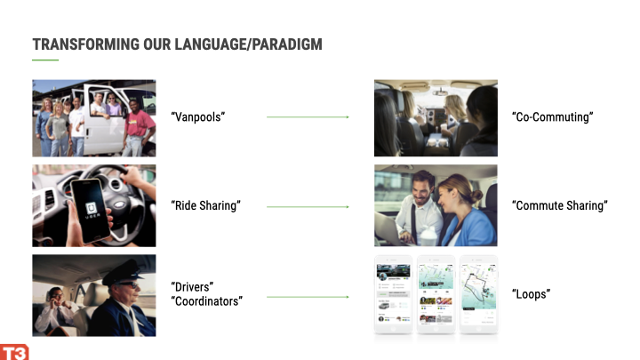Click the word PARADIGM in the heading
(x=287, y=44)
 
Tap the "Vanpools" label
(x=198, y=117)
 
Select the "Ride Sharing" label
(x=205, y=205)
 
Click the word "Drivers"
(x=192, y=286)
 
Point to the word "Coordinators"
(x=206, y=301)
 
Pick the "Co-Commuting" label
(x=553, y=117)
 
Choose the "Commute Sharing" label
(x=560, y=205)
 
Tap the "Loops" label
(x=531, y=294)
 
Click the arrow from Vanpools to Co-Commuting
(x=308, y=117)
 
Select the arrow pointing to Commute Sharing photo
(x=308, y=207)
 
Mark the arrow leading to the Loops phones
(x=308, y=297)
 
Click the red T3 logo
(x=14, y=352)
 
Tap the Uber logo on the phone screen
(x=92, y=209)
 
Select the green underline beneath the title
(x=45, y=60)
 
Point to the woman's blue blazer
(x=469, y=227)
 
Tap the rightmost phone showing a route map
(x=479, y=295)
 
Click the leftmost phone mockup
(x=394, y=295)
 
